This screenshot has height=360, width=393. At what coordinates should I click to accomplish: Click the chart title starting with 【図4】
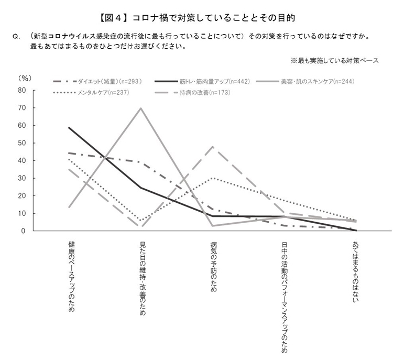(196, 18)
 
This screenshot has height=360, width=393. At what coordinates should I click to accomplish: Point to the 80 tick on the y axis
(22, 90)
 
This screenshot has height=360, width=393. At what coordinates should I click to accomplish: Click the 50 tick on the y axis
(22, 143)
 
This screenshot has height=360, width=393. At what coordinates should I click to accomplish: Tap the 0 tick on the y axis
(24, 231)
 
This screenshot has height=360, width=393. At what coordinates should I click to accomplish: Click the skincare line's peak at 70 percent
(141, 108)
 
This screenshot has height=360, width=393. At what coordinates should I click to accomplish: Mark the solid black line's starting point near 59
(70, 127)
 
